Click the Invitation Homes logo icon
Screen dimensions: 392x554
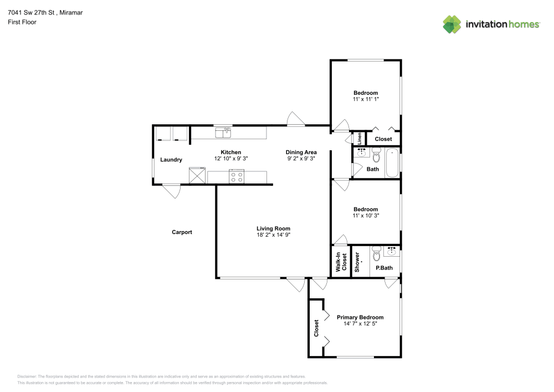click(452, 24)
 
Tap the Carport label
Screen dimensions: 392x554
click(182, 232)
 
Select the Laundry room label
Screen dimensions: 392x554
click(171, 160)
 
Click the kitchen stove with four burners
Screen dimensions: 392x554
click(237, 177)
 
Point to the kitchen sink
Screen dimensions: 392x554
click(224, 133)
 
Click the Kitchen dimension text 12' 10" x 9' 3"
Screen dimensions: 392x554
click(230, 159)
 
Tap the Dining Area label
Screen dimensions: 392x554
click(301, 152)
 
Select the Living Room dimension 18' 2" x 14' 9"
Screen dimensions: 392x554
click(273, 235)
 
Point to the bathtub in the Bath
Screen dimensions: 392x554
click(392, 162)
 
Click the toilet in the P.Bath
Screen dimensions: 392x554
click(377, 253)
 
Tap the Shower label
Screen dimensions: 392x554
click(358, 262)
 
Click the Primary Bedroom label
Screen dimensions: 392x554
click(360, 318)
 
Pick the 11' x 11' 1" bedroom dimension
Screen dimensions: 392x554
click(366, 99)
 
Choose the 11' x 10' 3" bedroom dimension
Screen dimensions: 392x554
click(366, 216)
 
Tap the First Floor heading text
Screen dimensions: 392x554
click(22, 22)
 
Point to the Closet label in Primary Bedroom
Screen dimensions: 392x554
click(316, 328)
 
